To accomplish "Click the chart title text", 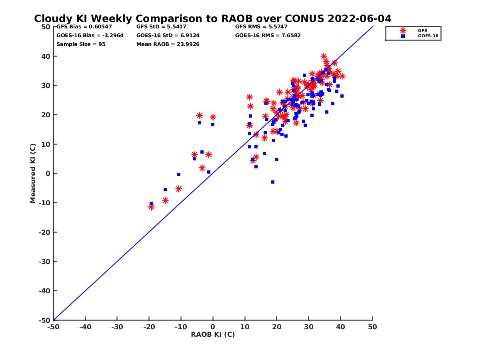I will pyautogui.click(x=212, y=19).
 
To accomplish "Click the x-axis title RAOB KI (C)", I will pyautogui.click(x=212, y=334).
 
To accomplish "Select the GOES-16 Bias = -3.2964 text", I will pyautogui.click(x=90, y=35).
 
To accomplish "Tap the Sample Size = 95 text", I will pyautogui.click(x=81, y=44).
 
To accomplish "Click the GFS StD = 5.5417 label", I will pyautogui.click(x=161, y=27).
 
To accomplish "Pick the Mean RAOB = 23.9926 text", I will pyautogui.click(x=168, y=44).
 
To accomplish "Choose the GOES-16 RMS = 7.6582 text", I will pyautogui.click(x=268, y=35).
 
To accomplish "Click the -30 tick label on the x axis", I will pyautogui.click(x=117, y=327).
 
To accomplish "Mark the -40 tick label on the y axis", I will pyautogui.click(x=44, y=291).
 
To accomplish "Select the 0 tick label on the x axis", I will pyautogui.click(x=213, y=327).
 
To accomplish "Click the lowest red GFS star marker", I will pyautogui.click(x=151, y=207).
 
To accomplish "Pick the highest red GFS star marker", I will pyautogui.click(x=324, y=56).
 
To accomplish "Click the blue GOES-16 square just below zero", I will pyautogui.click(x=273, y=182).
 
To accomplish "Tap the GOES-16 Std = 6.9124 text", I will pyautogui.click(x=168, y=35).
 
